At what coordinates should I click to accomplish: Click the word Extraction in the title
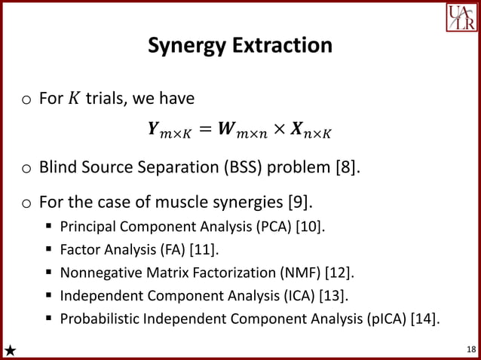point(286,45)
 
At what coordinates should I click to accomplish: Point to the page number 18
point(471,349)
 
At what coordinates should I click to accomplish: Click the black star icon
point(10,349)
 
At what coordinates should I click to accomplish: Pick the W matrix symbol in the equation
point(230,132)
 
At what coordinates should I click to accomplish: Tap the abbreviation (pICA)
point(382,319)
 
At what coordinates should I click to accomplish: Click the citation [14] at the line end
point(424,319)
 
